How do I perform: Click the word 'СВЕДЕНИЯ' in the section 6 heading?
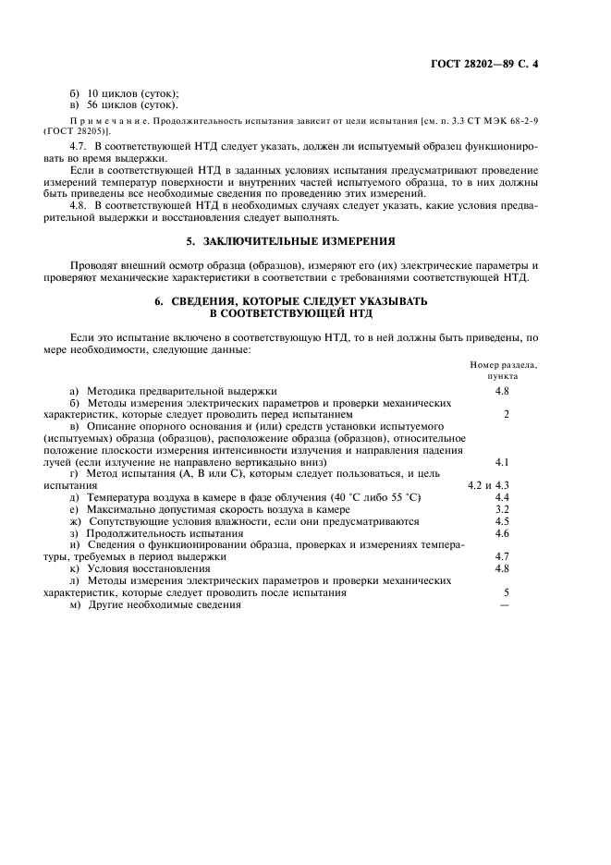click(x=214, y=302)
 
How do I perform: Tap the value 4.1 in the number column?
click(x=503, y=461)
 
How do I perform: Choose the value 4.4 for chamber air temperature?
click(x=503, y=497)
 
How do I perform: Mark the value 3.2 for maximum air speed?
click(x=503, y=509)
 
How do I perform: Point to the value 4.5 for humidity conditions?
click(x=503, y=521)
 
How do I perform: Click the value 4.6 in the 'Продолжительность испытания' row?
click(x=503, y=533)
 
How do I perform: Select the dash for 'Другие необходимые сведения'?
click(x=504, y=605)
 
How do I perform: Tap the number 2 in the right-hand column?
click(x=507, y=414)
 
